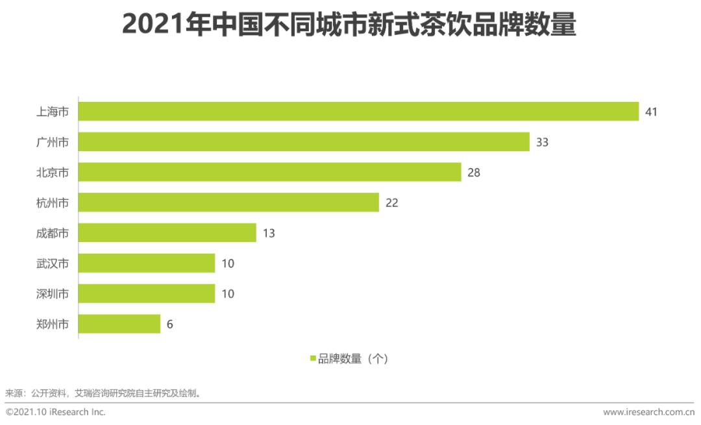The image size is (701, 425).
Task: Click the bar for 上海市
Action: point(358,112)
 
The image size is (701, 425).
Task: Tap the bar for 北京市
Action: point(270,172)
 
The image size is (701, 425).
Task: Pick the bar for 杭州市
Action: point(228,202)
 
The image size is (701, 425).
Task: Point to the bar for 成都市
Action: point(167,233)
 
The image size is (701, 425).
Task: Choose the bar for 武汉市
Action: point(147,263)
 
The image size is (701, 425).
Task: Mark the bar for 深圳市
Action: point(147,293)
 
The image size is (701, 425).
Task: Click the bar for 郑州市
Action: point(119,324)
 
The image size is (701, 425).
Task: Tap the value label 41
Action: point(651,112)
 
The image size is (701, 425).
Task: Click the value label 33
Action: point(542,142)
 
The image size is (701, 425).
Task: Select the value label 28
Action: point(473,173)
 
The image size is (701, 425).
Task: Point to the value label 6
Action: point(169,324)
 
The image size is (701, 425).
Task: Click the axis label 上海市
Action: point(52,112)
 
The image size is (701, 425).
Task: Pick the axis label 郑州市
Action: point(52,324)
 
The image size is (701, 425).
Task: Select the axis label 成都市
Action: point(52,233)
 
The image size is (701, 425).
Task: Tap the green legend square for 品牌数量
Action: point(312,358)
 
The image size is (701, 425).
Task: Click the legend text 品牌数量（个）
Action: point(353,358)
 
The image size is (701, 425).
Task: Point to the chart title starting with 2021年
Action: point(349,26)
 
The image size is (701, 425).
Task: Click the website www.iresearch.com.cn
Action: point(648,412)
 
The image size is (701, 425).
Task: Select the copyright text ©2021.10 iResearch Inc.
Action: point(56,412)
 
